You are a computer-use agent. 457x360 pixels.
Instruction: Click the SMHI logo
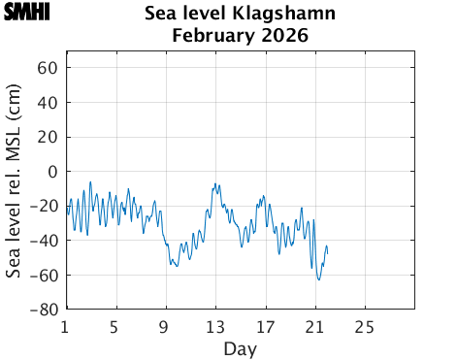click(x=27, y=14)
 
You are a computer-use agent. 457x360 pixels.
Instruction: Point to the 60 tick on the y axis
click(x=49, y=68)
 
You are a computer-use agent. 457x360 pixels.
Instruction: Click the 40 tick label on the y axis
click(x=49, y=103)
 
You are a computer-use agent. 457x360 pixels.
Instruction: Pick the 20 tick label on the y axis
click(x=49, y=137)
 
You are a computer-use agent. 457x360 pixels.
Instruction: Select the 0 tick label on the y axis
click(x=53, y=172)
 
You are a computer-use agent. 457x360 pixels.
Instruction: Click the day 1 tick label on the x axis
click(x=65, y=326)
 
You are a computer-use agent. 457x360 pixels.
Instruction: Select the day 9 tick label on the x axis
click(x=165, y=326)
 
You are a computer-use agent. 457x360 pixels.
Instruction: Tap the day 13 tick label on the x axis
click(x=214, y=326)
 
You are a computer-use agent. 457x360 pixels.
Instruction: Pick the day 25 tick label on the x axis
click(x=364, y=326)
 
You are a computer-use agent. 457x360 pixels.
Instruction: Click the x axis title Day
click(x=240, y=347)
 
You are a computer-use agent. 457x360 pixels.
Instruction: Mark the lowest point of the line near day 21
click(x=318, y=279)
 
